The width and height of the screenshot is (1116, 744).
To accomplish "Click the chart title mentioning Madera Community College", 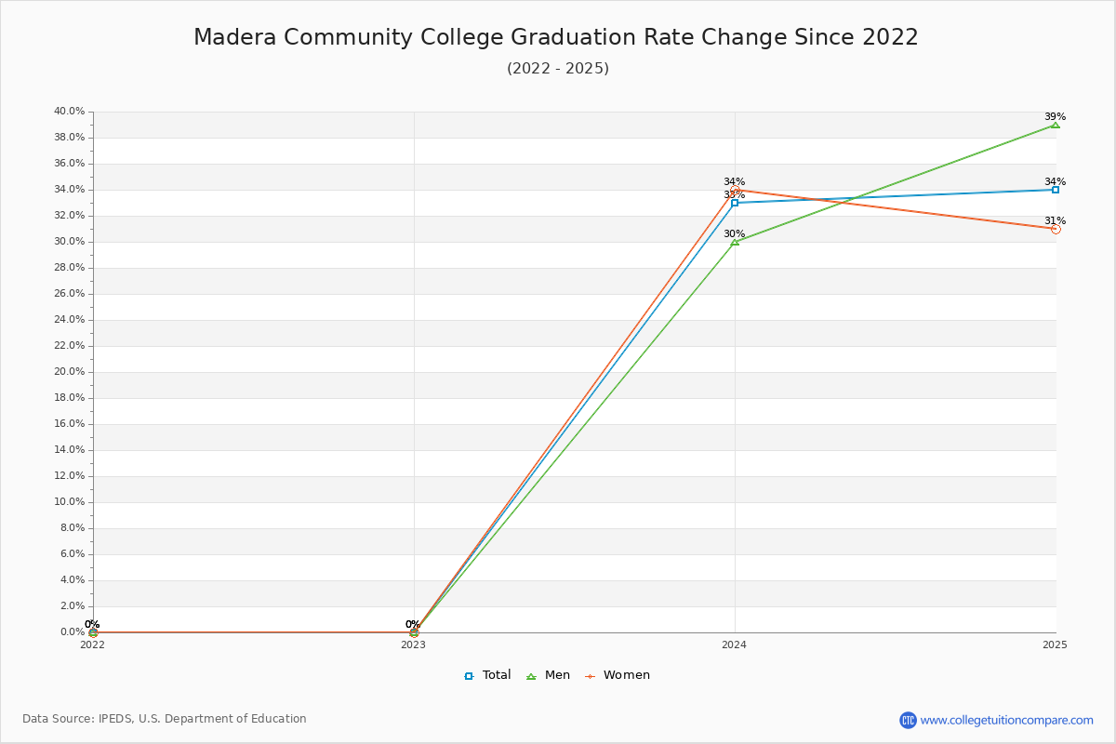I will pos(556,37).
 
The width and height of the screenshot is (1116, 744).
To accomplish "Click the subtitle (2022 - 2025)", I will pos(558,69).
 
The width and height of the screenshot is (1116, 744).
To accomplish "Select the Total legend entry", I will pos(487,675).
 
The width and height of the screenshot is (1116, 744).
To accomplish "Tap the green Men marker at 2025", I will pos(1056,125).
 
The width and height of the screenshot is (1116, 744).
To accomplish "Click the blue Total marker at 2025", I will pos(1056,190).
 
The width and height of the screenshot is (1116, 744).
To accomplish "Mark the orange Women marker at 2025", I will pos(1056,229).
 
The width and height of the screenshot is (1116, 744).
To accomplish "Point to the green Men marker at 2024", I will pos(735,242).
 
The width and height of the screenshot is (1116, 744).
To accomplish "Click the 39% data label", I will pos(1055,117).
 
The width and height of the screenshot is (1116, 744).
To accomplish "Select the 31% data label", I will pos(1055,221).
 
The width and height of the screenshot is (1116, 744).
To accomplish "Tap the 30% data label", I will pos(734,234).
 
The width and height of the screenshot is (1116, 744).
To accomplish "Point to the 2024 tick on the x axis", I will pos(735,644).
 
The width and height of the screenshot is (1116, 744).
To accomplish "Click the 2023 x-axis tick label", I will pos(414,644).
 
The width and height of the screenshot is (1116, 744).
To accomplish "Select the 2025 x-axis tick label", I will pos(1055,644).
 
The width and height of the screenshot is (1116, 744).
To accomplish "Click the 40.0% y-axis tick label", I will pos(69,112).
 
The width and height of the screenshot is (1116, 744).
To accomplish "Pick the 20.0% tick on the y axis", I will pos(69,372).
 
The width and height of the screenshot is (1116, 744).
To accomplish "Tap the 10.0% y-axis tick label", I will pos(69,502).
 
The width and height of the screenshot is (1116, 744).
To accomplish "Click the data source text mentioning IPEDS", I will pos(165,719).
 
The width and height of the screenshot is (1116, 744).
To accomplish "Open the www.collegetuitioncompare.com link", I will pos(1006,720).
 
